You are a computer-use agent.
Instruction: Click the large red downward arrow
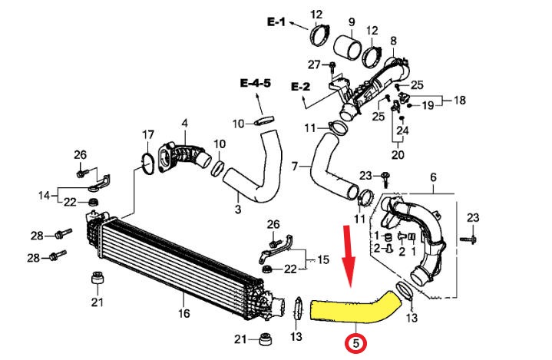pyautogui.click(x=350, y=257)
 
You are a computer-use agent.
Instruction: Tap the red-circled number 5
pyautogui.click(x=356, y=345)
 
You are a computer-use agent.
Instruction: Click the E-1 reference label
pyautogui.click(x=276, y=24)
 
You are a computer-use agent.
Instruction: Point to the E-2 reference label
pyautogui.click(x=300, y=87)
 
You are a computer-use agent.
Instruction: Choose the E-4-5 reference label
pyautogui.click(x=256, y=82)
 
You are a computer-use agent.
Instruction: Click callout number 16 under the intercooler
pyautogui.click(x=183, y=313)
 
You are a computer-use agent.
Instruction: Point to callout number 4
pyautogui.click(x=184, y=123)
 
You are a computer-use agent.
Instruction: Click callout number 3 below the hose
pyautogui.click(x=238, y=208)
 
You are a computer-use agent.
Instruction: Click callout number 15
pyautogui.click(x=322, y=259)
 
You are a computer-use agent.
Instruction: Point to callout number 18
pyautogui.click(x=460, y=101)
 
